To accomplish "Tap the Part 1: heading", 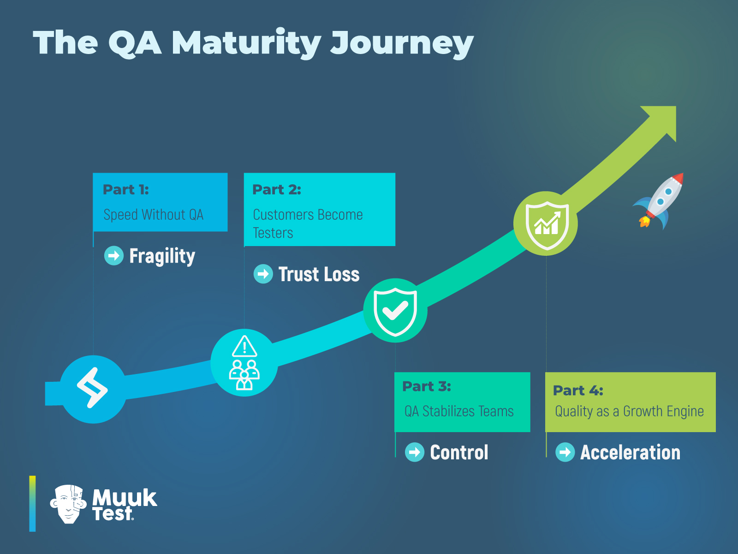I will (x=125, y=189).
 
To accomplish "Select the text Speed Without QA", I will (x=153, y=215).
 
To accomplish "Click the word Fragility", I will (x=162, y=256).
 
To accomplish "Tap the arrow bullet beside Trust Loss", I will (x=263, y=274).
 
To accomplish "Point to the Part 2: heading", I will (x=276, y=189).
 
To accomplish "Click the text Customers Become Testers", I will (x=307, y=223).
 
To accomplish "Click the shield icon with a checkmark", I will (x=395, y=311).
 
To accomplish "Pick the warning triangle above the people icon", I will (x=244, y=346).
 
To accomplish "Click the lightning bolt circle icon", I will (x=93, y=388).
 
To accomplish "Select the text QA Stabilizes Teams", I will (x=459, y=411).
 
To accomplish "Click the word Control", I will (x=459, y=452).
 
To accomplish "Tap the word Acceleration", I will (x=630, y=452).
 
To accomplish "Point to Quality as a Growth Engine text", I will (x=629, y=411).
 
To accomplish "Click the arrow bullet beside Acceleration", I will (x=565, y=452).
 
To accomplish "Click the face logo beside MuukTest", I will (x=68, y=504).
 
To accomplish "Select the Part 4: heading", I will (x=578, y=391).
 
